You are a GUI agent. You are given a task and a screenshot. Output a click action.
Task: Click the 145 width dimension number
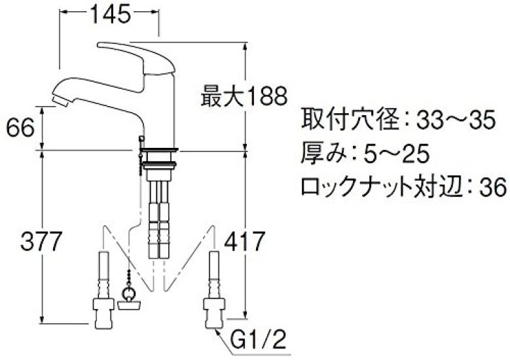tap(109, 15)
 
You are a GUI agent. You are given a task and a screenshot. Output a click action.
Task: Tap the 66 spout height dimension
tap(19, 128)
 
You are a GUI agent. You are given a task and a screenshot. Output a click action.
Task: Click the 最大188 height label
tap(244, 98)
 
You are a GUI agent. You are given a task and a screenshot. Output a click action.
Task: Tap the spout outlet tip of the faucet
tap(58, 99)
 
